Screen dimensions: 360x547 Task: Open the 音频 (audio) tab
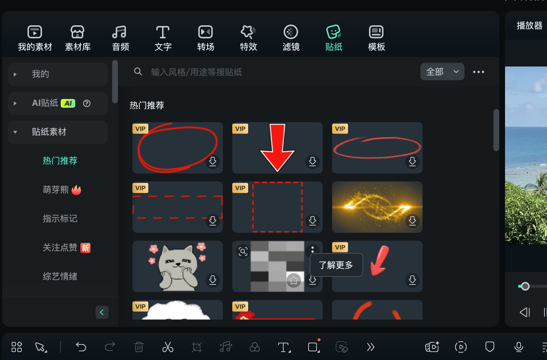[120, 38]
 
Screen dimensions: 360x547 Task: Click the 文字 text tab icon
[163, 33]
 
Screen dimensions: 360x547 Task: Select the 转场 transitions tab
[205, 38]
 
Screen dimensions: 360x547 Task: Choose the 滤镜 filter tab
[291, 38]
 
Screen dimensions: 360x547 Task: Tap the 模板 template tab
[376, 38]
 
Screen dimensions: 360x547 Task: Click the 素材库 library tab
[77, 38]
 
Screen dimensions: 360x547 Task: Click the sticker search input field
[253, 72]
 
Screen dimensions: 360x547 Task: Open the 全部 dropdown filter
[442, 72]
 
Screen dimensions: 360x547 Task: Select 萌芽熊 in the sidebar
[56, 190]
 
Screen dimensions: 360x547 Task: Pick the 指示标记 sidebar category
[60, 219]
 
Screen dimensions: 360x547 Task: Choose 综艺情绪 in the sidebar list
[60, 277]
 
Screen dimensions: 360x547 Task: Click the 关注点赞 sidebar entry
[60, 248]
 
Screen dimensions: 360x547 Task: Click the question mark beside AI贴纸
[87, 103]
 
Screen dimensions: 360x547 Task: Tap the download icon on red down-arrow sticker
[313, 161]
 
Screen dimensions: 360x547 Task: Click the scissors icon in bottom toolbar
[168, 347]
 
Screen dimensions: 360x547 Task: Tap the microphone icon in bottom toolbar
[518, 347]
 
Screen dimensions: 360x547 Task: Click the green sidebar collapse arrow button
[102, 312]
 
